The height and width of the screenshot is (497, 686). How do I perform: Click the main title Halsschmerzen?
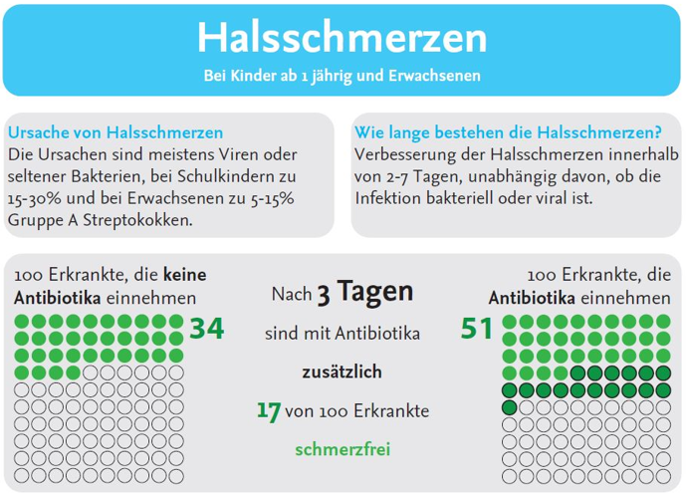342,38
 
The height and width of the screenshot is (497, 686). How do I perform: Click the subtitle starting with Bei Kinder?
343,76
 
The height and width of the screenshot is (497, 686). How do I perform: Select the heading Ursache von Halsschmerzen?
114,132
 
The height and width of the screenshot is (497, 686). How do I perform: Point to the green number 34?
207,328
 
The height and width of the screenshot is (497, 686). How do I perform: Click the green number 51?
478,328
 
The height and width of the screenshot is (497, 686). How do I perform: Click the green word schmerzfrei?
342,448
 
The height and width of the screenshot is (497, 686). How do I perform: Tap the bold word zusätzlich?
342,372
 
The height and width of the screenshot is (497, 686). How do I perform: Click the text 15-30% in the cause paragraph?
33,198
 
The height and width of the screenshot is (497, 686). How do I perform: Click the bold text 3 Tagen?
363,293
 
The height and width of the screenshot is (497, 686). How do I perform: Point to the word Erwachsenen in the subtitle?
438,76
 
